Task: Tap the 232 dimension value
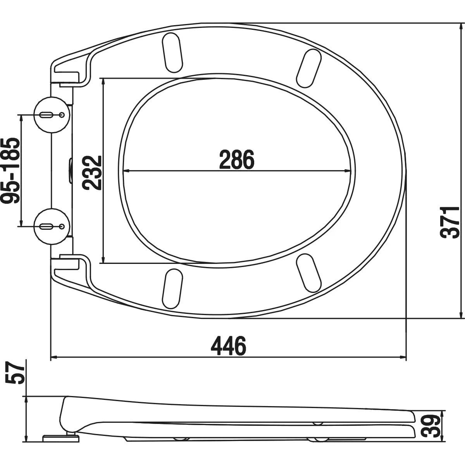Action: point(93,172)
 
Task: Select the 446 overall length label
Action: point(229,346)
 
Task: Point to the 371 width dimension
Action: point(450,222)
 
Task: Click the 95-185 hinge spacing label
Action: point(10,170)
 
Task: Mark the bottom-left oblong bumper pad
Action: point(173,289)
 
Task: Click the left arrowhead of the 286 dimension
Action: point(125,170)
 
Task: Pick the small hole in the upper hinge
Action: point(62,115)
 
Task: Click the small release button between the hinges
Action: point(71,170)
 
